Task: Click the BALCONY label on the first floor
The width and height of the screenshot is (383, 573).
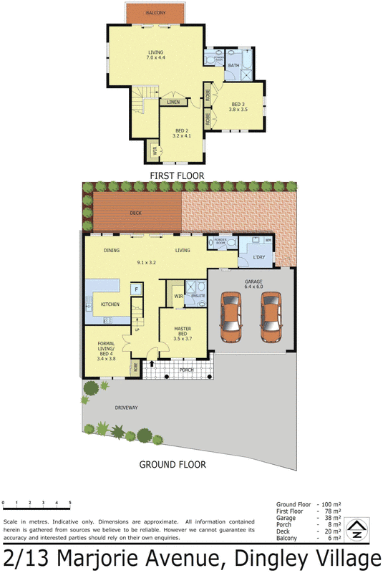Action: (x=155, y=14)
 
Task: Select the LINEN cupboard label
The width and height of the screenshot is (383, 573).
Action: (x=174, y=102)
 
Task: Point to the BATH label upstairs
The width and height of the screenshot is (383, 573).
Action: (x=234, y=66)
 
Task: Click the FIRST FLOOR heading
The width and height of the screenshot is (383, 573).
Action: (x=176, y=175)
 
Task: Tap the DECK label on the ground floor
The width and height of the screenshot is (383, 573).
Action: (x=136, y=213)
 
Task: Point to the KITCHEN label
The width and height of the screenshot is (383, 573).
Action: (x=110, y=305)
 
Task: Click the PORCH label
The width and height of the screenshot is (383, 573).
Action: (x=187, y=370)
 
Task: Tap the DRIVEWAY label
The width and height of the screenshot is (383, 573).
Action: (x=126, y=408)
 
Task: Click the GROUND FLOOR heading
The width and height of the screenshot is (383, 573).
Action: (x=173, y=464)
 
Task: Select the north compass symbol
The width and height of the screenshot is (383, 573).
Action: (x=356, y=530)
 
